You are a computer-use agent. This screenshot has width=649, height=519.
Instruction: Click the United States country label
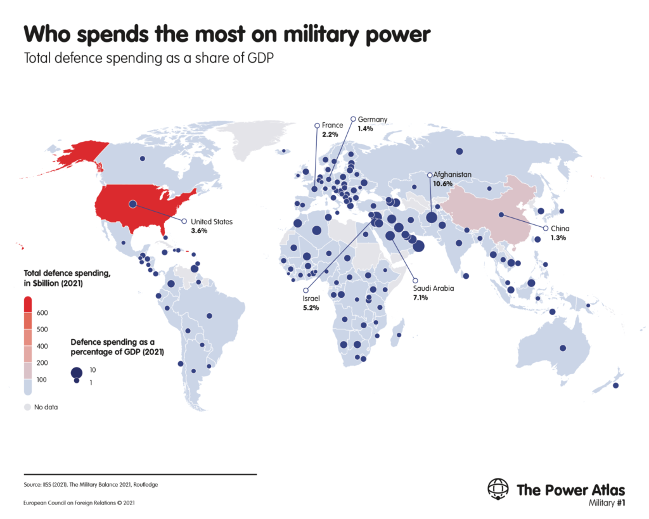coord(212,222)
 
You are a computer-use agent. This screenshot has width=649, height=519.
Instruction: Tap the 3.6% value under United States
coord(199,231)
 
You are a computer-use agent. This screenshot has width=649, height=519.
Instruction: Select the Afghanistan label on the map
coord(453,174)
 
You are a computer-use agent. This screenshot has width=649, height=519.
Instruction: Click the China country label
coord(560,228)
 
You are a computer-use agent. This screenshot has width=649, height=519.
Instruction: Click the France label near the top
coord(332,125)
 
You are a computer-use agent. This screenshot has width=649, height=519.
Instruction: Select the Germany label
coord(372,119)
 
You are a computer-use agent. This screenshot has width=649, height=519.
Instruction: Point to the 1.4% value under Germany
coord(366,128)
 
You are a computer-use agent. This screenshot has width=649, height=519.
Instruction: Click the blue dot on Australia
coord(563,348)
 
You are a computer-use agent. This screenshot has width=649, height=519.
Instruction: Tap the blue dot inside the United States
coord(133,204)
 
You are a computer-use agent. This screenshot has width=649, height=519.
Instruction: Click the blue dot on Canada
coord(143,158)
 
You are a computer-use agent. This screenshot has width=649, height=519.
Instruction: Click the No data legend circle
coord(27,407)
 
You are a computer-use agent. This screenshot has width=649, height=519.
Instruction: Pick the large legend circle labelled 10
coord(76,373)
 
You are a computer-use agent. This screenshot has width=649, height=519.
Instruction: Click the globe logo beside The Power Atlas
coord(498,489)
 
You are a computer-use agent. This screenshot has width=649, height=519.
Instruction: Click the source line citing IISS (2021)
coord(91,485)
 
